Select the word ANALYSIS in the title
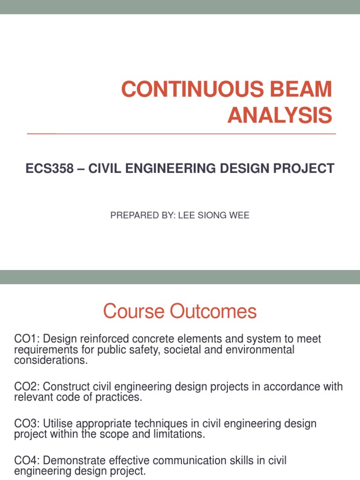tap(279, 115)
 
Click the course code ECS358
tap(50, 169)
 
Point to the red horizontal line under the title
tap(181, 134)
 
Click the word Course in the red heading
tap(130, 312)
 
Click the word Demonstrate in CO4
tap(75, 461)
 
